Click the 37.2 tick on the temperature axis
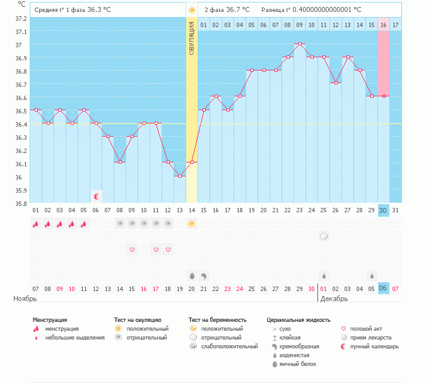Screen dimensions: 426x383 click(x=21, y=19)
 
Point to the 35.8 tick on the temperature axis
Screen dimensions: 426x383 click(x=21, y=203)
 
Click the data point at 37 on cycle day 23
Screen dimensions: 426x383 click(x=300, y=43)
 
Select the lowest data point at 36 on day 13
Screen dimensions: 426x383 click(x=180, y=176)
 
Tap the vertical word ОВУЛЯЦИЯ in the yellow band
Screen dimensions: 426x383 click(x=191, y=38)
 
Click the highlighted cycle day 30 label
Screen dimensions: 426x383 click(x=383, y=210)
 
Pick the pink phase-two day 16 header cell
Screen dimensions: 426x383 click(x=383, y=25)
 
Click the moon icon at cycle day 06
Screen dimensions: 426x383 click(x=97, y=197)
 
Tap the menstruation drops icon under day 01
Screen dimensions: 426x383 click(x=35, y=224)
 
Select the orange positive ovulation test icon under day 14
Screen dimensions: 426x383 click(x=191, y=224)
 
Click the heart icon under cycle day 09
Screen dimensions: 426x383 click(x=132, y=249)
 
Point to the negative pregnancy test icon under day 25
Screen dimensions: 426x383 click(x=324, y=236)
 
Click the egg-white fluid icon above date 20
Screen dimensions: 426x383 click(x=192, y=276)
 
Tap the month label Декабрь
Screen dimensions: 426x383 click(x=334, y=299)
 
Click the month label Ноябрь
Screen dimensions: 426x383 click(x=25, y=299)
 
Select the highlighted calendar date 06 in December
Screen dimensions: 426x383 click(x=383, y=289)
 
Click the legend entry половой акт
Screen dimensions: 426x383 click(x=366, y=329)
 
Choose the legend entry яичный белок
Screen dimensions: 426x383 click(x=298, y=364)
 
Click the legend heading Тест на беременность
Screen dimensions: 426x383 click(x=217, y=320)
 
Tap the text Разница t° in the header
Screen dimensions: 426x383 click(x=276, y=10)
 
